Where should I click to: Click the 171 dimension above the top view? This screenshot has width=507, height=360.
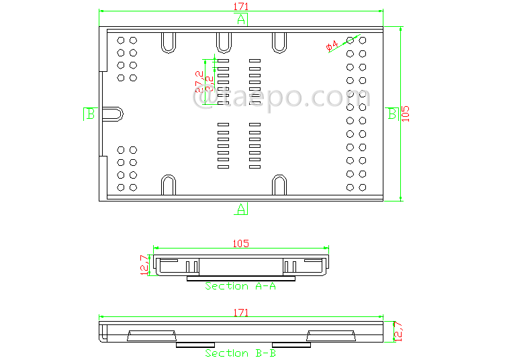tap(241, 6)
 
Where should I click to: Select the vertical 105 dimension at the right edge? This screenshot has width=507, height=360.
tap(404, 114)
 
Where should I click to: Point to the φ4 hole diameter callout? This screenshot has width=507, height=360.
tap(332, 46)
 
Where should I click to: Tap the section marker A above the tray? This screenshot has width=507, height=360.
tap(241, 19)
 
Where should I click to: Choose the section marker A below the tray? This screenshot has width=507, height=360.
tap(241, 209)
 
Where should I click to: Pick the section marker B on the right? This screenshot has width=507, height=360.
tap(392, 114)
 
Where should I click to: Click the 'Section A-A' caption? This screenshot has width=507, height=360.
tap(240, 286)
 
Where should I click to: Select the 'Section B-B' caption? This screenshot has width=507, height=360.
tap(240, 353)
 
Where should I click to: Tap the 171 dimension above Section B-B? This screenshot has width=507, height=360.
tap(240, 313)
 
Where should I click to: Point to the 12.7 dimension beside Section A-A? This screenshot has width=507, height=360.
tap(144, 264)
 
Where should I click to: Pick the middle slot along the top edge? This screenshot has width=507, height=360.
tap(224, 42)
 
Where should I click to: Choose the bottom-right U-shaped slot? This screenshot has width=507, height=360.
tap(279, 185)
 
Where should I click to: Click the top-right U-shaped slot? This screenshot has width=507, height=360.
tap(279, 42)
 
